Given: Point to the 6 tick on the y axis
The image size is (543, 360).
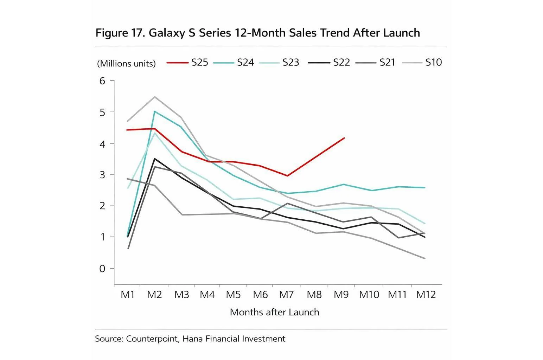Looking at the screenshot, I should point(102,81).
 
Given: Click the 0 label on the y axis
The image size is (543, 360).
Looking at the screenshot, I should point(102,269).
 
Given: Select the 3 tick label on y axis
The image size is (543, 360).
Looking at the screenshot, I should point(102,175).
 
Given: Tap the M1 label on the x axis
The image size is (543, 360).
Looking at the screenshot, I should point(128,295).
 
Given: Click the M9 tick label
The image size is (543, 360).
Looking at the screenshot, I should point(341,295).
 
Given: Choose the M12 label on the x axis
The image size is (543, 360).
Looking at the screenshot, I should point(426,295).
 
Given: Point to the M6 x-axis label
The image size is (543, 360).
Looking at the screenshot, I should point(260,295).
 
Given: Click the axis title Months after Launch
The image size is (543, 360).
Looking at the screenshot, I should point(274,312).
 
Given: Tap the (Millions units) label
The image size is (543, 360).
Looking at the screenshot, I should point(126,64).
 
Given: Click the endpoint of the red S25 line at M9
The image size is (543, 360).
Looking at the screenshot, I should point(344,138).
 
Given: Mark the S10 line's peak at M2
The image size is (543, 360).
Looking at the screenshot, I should point(155,97).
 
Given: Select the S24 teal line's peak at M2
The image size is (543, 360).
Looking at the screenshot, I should point(154,111).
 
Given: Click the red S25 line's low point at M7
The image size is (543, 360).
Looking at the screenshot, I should point(287,176).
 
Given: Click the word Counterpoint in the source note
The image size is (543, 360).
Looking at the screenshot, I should point(152,339).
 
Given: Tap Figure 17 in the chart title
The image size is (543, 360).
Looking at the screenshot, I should point(118,33).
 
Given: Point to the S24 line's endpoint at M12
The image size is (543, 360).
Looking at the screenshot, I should point(425,188).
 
